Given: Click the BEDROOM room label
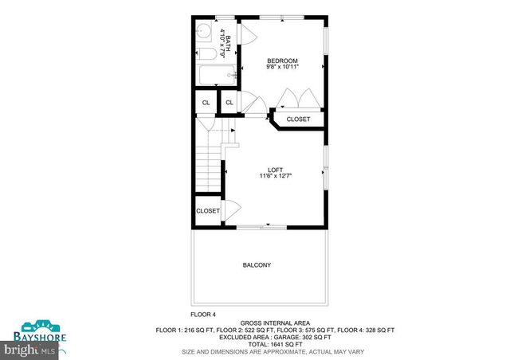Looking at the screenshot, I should click(282, 61).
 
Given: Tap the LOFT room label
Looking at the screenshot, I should click(275, 169).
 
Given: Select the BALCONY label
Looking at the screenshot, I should click(257, 265).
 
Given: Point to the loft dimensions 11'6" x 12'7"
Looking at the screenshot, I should click(275, 177).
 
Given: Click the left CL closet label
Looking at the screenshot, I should click(206, 103).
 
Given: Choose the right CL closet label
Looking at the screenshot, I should click(229, 103).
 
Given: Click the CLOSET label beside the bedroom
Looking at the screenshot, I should click(298, 119).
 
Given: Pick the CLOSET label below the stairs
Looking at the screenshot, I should click(208, 211).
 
